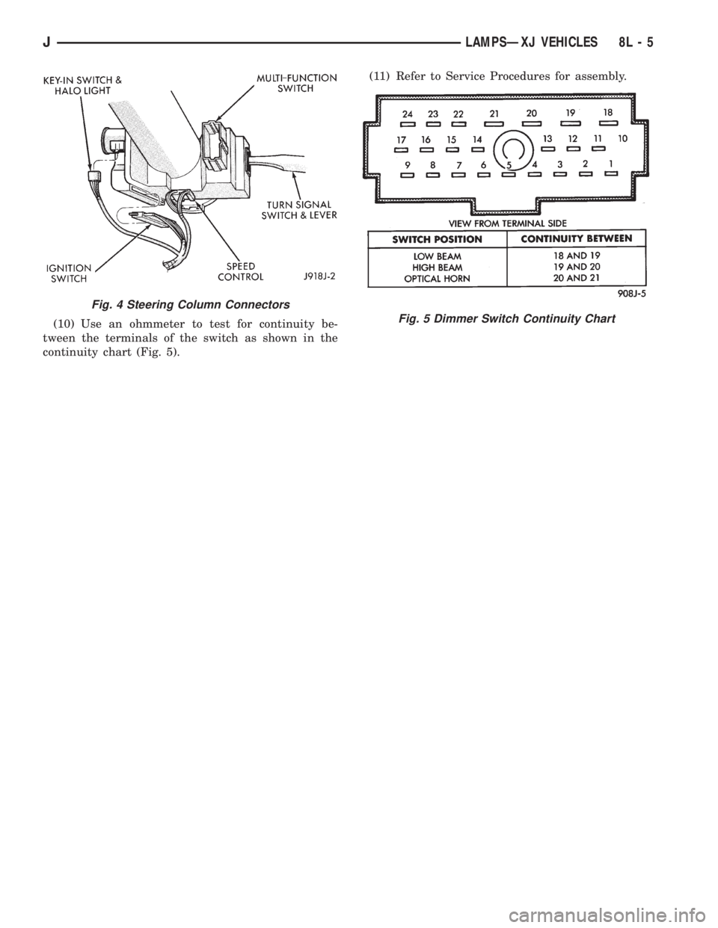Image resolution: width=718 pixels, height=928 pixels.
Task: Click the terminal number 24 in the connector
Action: pyautogui.click(x=407, y=114)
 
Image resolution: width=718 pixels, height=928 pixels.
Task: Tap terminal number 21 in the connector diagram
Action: pyautogui.click(x=494, y=114)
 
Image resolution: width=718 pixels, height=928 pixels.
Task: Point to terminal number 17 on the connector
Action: pyautogui.click(x=401, y=139)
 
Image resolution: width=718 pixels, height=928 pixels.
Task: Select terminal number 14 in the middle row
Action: pyautogui.click(x=477, y=139)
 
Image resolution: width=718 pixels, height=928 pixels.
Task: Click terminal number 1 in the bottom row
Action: pyautogui.click(x=611, y=163)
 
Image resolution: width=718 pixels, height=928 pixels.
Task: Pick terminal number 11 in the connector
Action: pyautogui.click(x=598, y=139)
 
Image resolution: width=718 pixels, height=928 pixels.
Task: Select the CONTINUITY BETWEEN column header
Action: pyautogui.click(x=575, y=238)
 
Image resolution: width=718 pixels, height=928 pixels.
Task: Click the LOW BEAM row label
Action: pyautogui.click(x=439, y=255)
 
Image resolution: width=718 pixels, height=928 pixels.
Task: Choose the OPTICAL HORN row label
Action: pyautogui.click(x=439, y=278)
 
